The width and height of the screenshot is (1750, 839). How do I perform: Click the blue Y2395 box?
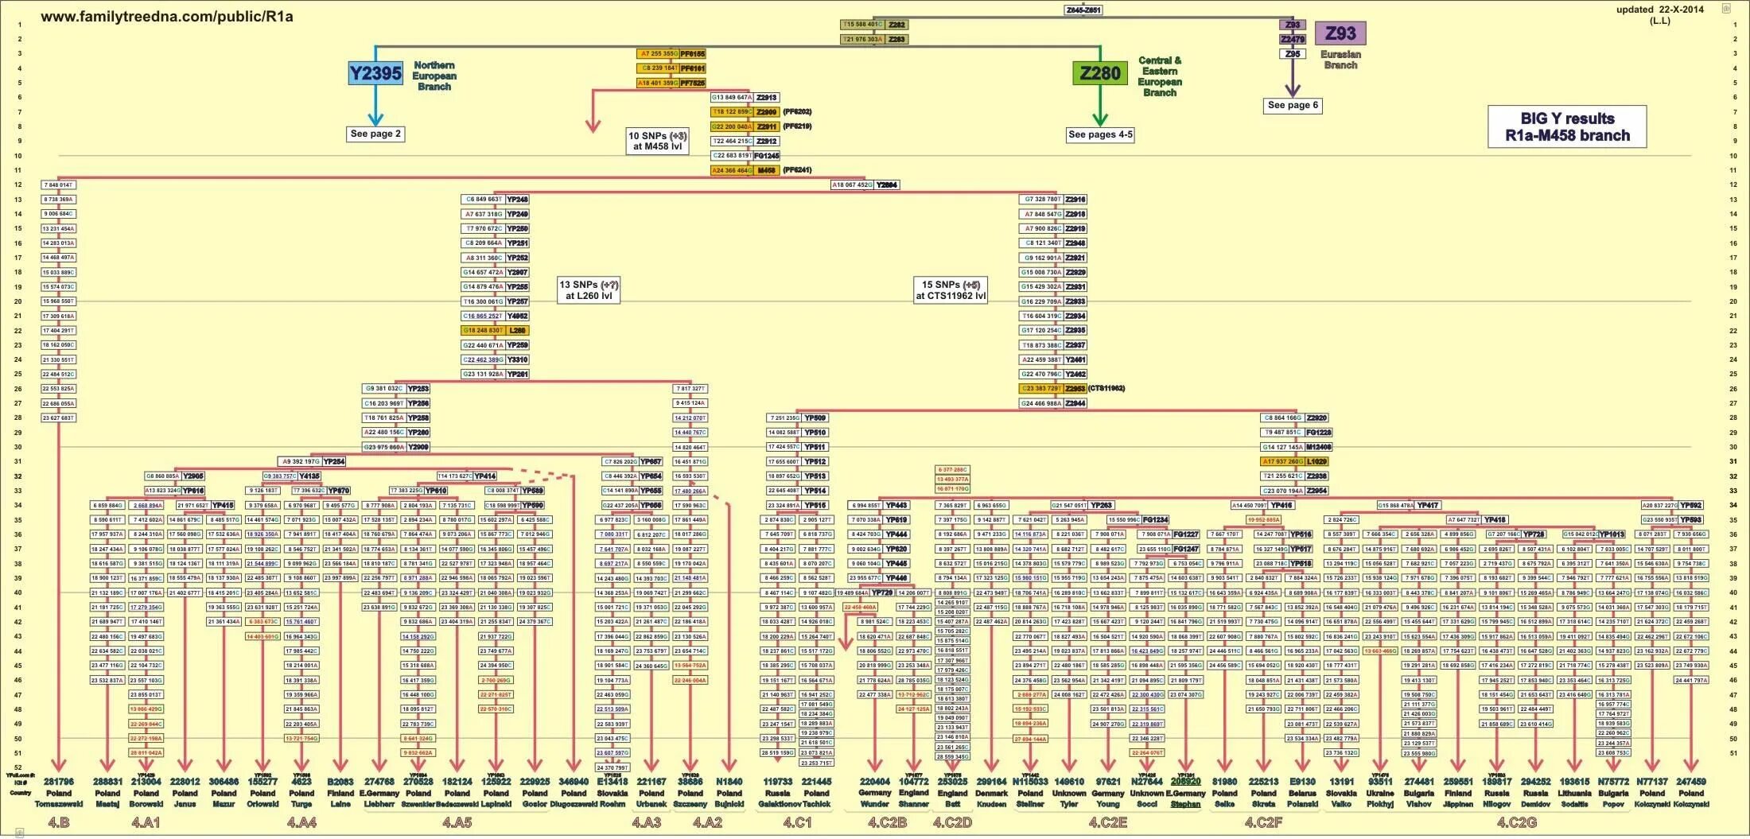click(x=375, y=73)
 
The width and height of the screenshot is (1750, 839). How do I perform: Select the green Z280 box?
click(x=1100, y=73)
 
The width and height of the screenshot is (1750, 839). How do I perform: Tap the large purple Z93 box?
click(x=1340, y=33)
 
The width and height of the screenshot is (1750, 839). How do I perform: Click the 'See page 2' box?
click(x=375, y=134)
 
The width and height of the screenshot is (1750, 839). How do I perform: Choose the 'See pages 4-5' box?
click(x=1100, y=134)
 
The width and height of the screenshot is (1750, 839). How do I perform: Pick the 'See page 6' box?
click(x=1293, y=105)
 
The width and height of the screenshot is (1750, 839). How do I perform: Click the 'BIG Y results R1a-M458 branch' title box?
click(x=1567, y=127)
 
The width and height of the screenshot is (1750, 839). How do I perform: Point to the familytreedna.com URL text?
click(x=167, y=17)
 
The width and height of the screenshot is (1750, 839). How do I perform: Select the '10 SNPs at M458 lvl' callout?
click(x=657, y=141)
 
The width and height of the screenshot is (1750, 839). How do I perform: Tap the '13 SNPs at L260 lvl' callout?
click(x=589, y=289)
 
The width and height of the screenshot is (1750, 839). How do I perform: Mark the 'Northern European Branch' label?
click(x=434, y=76)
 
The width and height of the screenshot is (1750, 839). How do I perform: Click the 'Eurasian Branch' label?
click(x=1340, y=60)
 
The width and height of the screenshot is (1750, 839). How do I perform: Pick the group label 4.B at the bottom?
click(x=59, y=822)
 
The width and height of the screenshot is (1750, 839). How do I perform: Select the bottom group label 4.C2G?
click(x=1517, y=822)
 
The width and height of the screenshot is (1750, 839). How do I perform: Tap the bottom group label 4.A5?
click(x=457, y=822)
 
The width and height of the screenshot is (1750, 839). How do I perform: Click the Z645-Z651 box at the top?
click(x=1083, y=10)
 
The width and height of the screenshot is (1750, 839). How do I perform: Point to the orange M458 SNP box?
click(x=766, y=170)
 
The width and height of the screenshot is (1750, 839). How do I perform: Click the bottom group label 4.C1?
click(x=797, y=822)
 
